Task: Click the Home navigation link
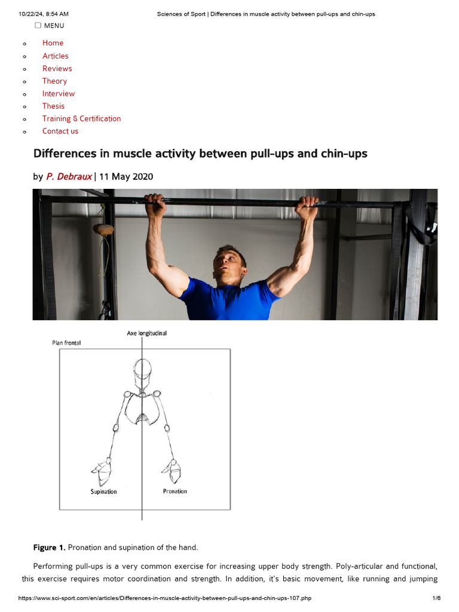[x=53, y=43]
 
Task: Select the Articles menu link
[x=55, y=56]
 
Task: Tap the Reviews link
[x=57, y=68]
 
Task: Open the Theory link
[x=54, y=81]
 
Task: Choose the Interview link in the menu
[x=59, y=93]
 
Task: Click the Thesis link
[x=53, y=106]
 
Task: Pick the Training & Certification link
[x=81, y=118]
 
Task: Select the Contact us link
[x=60, y=131]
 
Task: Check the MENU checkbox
[x=38, y=25]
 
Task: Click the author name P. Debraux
[x=69, y=176]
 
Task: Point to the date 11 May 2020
[x=126, y=176]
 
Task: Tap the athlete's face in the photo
[x=229, y=267]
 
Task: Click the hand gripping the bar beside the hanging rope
[x=155, y=205]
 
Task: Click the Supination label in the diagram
[x=103, y=491]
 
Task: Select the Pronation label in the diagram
[x=175, y=491]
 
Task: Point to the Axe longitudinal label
[x=146, y=333]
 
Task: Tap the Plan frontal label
[x=66, y=343]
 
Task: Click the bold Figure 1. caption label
[x=49, y=547]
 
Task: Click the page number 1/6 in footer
[x=436, y=598]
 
